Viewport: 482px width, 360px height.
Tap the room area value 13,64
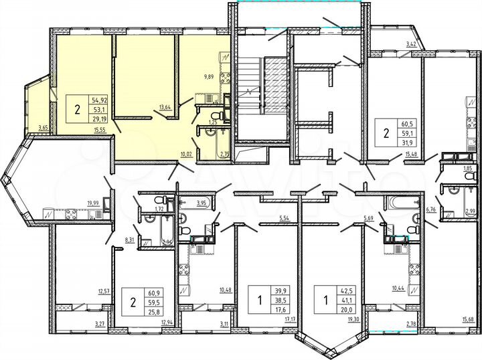[164, 105]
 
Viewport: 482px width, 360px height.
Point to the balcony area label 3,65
[44, 127]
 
